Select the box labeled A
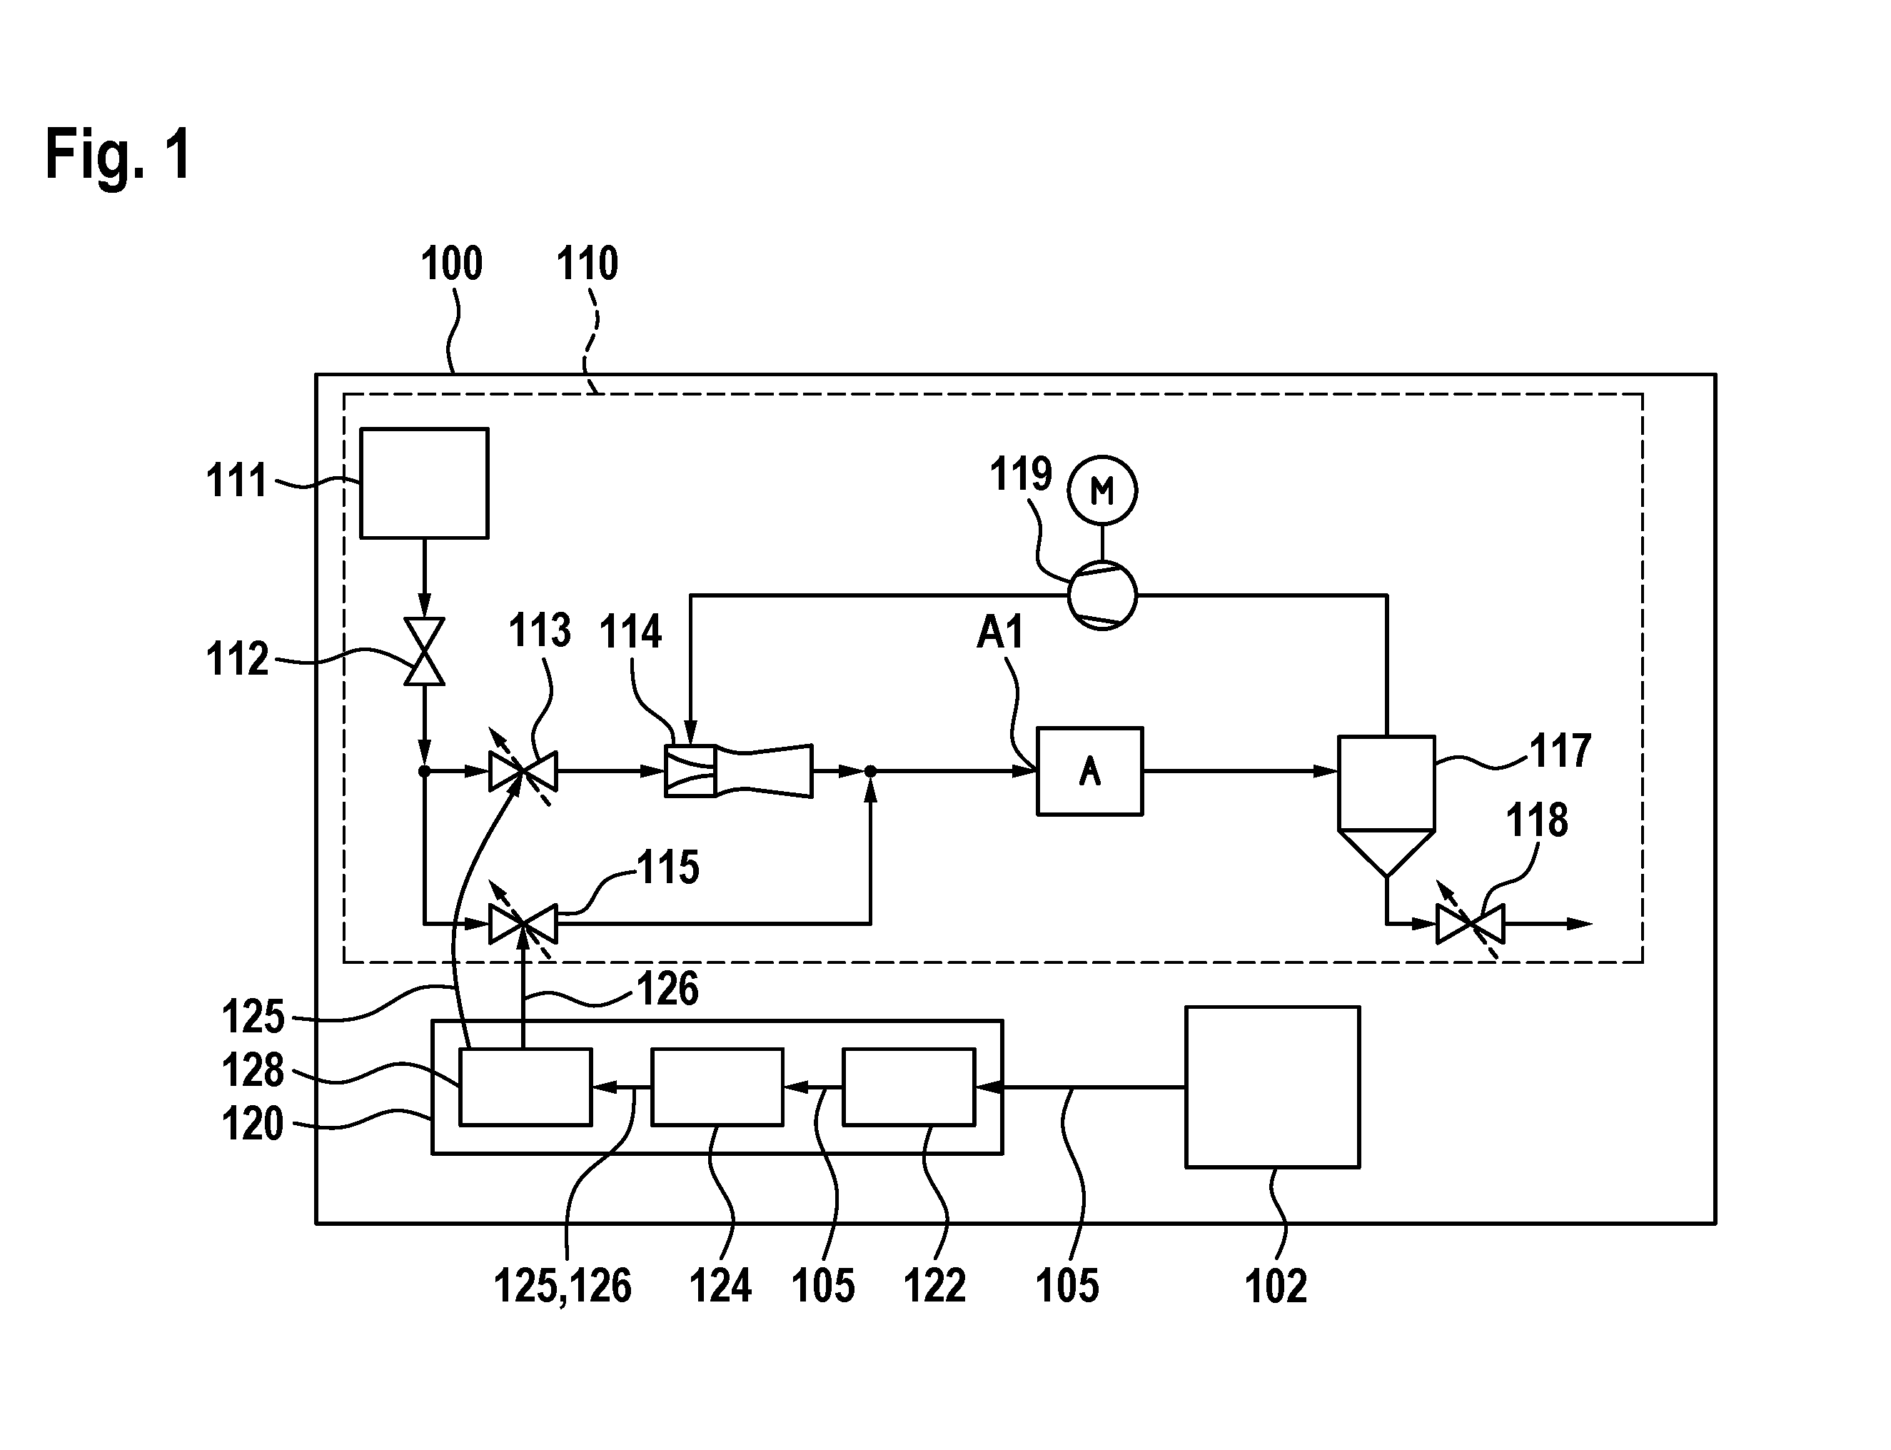1089,771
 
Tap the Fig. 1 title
118,154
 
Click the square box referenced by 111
424,483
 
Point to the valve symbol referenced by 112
425,652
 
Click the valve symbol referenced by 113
523,771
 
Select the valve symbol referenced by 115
523,924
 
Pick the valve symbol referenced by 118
1470,924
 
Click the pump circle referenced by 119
1102,595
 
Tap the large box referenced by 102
1272,1087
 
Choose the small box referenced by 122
909,1087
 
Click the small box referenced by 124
717,1087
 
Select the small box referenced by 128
525,1087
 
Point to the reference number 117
1560,751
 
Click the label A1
999,633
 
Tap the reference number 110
587,263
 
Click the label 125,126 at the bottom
563,1286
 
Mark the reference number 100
451,263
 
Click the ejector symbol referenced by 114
739,771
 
